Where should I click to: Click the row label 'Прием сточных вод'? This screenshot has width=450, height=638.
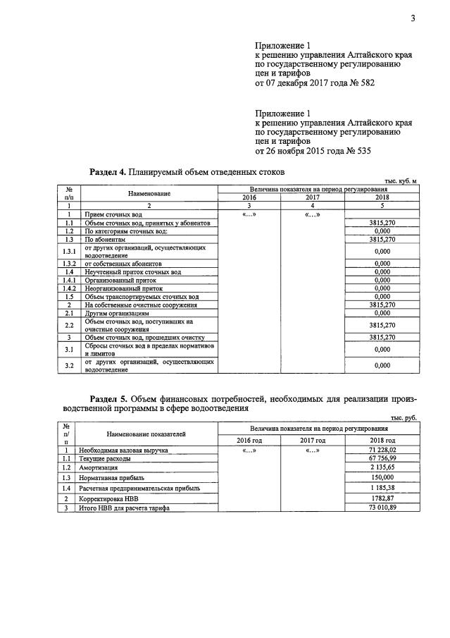(113, 214)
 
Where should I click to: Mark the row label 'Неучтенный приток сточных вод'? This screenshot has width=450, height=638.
(133, 271)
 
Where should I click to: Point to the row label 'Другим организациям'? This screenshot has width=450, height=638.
(117, 313)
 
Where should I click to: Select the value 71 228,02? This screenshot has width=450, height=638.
(382, 450)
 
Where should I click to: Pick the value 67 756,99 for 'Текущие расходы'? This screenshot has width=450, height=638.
(382, 458)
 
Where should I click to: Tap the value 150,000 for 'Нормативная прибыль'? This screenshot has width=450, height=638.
(382, 477)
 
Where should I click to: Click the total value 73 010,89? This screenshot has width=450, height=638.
(382, 508)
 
